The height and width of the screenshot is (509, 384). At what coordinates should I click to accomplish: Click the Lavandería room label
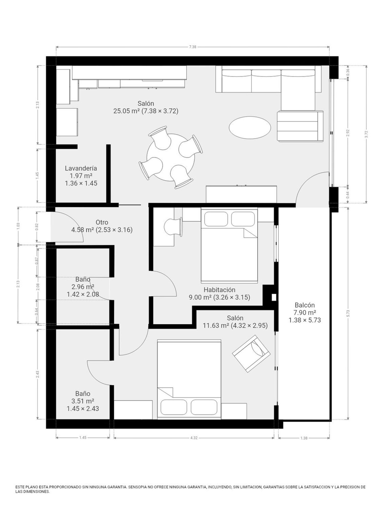[81, 168]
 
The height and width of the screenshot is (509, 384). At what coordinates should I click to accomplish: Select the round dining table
[171, 157]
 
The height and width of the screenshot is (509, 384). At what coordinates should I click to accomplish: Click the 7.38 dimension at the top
[193, 47]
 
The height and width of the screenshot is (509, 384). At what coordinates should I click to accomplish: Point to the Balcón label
[305, 305]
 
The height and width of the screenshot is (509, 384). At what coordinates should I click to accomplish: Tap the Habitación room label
[219, 290]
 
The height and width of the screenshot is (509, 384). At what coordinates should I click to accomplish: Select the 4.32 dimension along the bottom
[194, 438]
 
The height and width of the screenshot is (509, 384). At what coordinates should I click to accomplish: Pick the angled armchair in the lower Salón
[251, 354]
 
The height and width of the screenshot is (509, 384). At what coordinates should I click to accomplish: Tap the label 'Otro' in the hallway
[102, 222]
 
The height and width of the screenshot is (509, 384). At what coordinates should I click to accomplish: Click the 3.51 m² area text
[83, 401]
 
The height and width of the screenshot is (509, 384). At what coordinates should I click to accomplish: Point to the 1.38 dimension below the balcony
[304, 438]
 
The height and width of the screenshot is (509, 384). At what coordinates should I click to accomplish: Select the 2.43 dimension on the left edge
[38, 374]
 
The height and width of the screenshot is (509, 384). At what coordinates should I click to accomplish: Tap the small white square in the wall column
[274, 298]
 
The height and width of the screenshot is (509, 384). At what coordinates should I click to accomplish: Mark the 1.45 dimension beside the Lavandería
[38, 175]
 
